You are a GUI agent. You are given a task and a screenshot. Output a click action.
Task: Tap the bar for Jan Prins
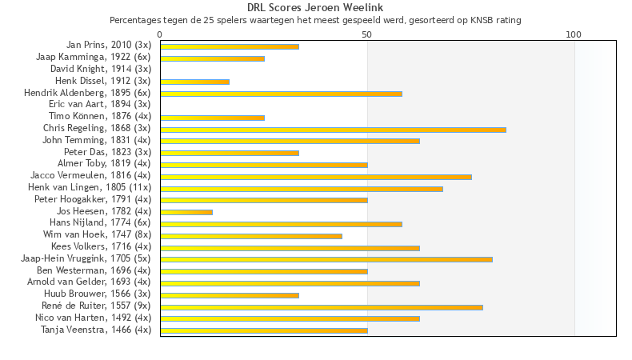[x=230, y=46]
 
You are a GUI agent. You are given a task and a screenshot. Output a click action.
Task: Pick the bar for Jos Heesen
[x=186, y=212]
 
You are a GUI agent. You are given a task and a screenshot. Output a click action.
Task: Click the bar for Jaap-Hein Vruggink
[x=326, y=259]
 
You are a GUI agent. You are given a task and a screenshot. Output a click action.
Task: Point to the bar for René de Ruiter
[x=322, y=306]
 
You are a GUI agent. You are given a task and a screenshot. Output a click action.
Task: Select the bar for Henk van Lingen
[x=302, y=188]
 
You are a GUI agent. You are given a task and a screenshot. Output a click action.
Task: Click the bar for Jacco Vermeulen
[x=316, y=176]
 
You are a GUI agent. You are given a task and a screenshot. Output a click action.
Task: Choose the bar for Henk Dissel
[x=194, y=82]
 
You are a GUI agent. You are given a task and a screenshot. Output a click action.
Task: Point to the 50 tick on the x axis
[x=367, y=34]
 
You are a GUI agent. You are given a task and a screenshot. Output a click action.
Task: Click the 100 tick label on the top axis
[x=574, y=34]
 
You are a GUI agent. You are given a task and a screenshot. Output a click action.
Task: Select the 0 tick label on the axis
[x=160, y=34]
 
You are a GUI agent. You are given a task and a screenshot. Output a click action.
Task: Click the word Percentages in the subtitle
[x=135, y=20]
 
